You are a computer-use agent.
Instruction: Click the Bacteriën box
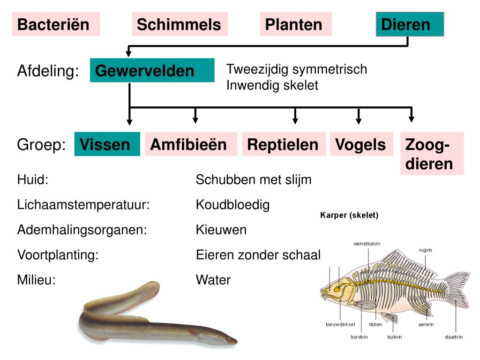(x=56, y=24)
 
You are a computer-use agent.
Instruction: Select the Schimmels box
(x=180, y=24)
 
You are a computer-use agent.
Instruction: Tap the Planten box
(x=295, y=24)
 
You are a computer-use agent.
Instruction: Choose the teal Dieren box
(x=409, y=24)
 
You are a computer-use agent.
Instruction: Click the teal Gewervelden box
(x=152, y=71)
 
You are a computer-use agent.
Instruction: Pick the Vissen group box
(x=107, y=144)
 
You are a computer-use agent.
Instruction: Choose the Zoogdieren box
(x=431, y=154)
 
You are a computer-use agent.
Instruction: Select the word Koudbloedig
(x=232, y=205)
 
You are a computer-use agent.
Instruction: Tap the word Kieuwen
(x=221, y=230)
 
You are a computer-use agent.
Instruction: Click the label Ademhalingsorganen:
(x=82, y=230)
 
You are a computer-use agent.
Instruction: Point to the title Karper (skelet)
(x=349, y=216)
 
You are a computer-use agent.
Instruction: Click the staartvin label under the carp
(x=453, y=337)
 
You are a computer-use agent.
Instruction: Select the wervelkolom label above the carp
(x=367, y=244)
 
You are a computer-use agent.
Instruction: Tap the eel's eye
(x=228, y=337)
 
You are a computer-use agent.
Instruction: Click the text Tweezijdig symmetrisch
(x=296, y=69)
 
